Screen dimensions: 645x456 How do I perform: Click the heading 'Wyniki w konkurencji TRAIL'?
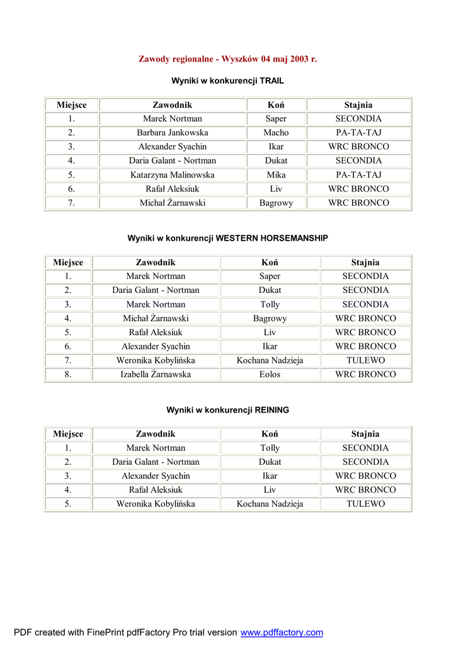tap(227, 81)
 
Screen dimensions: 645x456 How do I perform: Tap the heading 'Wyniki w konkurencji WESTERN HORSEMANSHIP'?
tap(227, 238)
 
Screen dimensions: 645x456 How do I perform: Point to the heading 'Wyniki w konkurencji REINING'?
tap(227, 410)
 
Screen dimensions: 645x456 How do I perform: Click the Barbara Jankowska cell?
tap(172, 133)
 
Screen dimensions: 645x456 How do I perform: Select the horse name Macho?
tap(276, 133)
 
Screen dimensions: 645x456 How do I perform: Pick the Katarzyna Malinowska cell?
tap(172, 175)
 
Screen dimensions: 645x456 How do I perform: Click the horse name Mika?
tap(276, 175)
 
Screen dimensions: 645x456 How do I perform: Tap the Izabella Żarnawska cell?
tap(156, 375)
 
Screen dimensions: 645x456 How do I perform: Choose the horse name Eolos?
tap(270, 375)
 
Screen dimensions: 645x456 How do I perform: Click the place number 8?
tap(68, 375)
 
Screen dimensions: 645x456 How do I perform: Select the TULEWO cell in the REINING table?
tap(365, 504)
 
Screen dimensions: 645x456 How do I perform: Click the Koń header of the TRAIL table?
tap(276, 105)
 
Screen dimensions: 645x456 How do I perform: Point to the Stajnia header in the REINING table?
tap(365, 434)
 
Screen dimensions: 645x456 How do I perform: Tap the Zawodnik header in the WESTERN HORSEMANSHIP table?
tap(156, 263)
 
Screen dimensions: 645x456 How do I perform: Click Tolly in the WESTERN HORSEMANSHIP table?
tap(270, 304)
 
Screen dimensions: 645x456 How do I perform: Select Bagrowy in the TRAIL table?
tap(276, 203)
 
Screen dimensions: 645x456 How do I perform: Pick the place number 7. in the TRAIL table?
tap(71, 203)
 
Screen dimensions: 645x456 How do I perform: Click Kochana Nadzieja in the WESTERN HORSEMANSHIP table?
tap(270, 361)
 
